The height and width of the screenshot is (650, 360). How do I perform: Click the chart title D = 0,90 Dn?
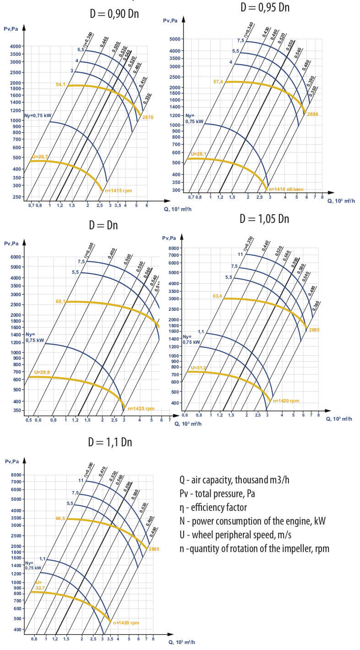(114, 14)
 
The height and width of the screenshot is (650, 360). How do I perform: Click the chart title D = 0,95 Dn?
(265, 7)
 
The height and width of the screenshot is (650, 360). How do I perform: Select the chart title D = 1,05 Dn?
(264, 219)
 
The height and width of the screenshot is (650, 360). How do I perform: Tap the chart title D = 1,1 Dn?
(110, 442)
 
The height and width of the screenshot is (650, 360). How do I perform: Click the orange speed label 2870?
(148, 118)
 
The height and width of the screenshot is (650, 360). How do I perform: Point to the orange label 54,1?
(60, 85)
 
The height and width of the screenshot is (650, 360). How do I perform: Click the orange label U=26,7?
(40, 157)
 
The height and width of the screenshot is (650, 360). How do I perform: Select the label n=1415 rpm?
(120, 190)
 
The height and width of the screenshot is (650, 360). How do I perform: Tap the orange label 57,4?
(218, 81)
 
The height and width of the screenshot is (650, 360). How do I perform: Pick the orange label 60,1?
(60, 301)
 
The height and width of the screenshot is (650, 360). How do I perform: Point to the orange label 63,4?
(217, 296)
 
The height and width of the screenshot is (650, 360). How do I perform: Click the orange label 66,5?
(60, 519)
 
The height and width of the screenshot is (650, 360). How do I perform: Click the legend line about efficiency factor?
(213, 507)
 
